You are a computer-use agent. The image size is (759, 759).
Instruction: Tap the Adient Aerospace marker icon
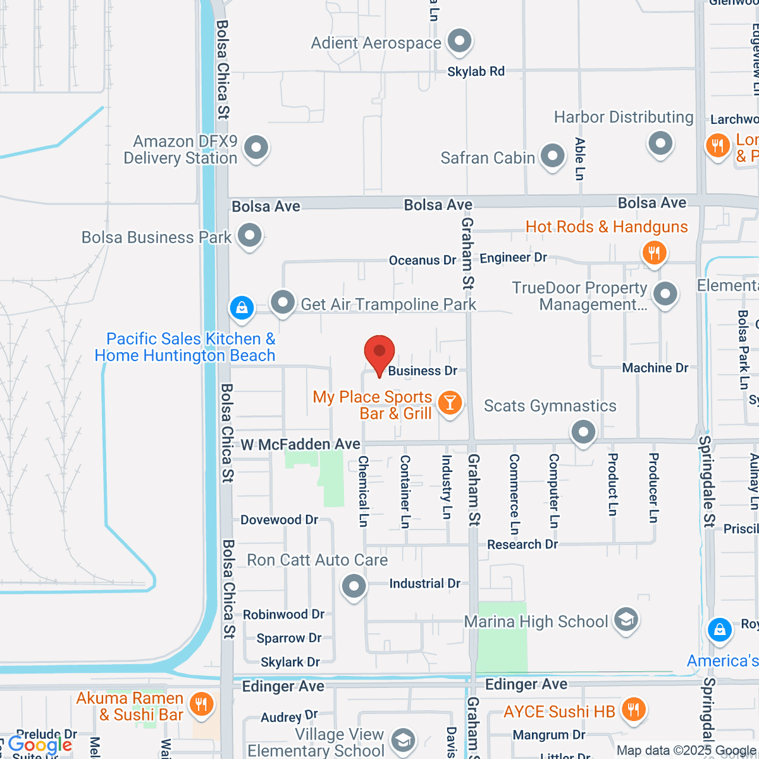pyautogui.click(x=459, y=42)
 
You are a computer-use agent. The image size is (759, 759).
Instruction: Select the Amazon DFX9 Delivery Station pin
pyautogui.click(x=256, y=148)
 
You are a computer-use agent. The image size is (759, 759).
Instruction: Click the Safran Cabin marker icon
pyautogui.click(x=553, y=156)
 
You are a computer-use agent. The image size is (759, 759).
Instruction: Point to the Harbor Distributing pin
pyautogui.click(x=660, y=143)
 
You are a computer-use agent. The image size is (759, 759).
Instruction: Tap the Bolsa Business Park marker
pyautogui.click(x=249, y=236)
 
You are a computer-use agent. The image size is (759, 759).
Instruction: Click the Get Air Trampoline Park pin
pyautogui.click(x=283, y=302)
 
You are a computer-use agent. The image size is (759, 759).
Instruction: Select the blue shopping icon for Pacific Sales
pyautogui.click(x=242, y=308)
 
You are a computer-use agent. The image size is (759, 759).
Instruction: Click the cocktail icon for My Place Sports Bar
pyautogui.click(x=450, y=403)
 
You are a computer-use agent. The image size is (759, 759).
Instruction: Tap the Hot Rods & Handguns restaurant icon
pyautogui.click(x=654, y=254)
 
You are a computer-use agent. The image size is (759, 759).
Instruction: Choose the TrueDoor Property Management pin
pyautogui.click(x=665, y=294)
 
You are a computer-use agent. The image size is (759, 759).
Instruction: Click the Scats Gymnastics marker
pyautogui.click(x=583, y=433)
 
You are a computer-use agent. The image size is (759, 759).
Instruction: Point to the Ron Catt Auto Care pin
pyautogui.click(x=354, y=586)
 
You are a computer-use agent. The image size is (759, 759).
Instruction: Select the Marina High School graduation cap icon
pyautogui.click(x=626, y=620)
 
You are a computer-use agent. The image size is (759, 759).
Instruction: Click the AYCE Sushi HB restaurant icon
pyautogui.click(x=632, y=710)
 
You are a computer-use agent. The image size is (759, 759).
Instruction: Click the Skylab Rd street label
pyautogui.click(x=476, y=71)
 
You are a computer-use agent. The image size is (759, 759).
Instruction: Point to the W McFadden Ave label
pyautogui.click(x=300, y=445)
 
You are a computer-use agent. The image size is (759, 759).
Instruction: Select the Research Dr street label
pyautogui.click(x=522, y=545)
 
